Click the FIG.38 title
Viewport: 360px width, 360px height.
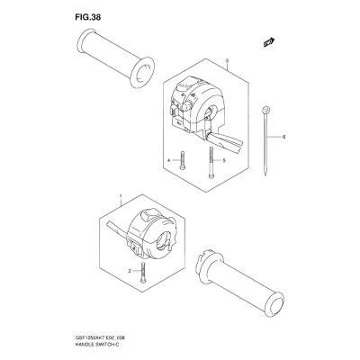88,18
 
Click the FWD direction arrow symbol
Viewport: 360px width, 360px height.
269,42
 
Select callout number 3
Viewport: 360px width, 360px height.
227,60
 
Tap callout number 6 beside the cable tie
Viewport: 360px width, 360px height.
283,137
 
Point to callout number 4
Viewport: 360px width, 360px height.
169,160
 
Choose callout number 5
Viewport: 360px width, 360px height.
224,160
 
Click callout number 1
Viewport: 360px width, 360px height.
121,196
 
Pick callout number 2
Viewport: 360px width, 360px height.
130,271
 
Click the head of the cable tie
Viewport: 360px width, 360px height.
265,109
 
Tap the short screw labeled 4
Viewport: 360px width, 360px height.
182,160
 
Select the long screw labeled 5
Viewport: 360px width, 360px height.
211,163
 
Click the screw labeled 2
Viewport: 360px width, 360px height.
143,272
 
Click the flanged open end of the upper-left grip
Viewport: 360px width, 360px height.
142,72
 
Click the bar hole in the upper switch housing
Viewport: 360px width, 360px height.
211,112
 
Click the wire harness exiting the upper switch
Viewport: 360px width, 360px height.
226,142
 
